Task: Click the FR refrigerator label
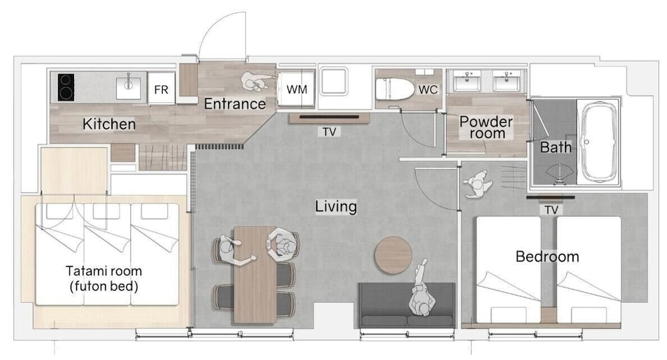pos(161,90)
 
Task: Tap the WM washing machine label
pos(297,90)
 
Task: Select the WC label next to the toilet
pos(428,90)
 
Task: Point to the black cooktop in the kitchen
pos(66,87)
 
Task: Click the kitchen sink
pos(128,87)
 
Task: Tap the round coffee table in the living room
pos(393,255)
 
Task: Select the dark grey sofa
pos(407,305)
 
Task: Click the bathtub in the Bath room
pos(598,142)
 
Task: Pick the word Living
pos(336,207)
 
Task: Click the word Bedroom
pos(547,257)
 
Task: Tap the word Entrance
pos(234,104)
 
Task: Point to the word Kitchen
pos(109,124)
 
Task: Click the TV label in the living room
pos(329,132)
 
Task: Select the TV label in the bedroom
pos(551,209)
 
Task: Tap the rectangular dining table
pos(255,275)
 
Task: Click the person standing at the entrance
pos(255,81)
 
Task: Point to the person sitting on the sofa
pos(422,290)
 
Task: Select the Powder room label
pos(486,127)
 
